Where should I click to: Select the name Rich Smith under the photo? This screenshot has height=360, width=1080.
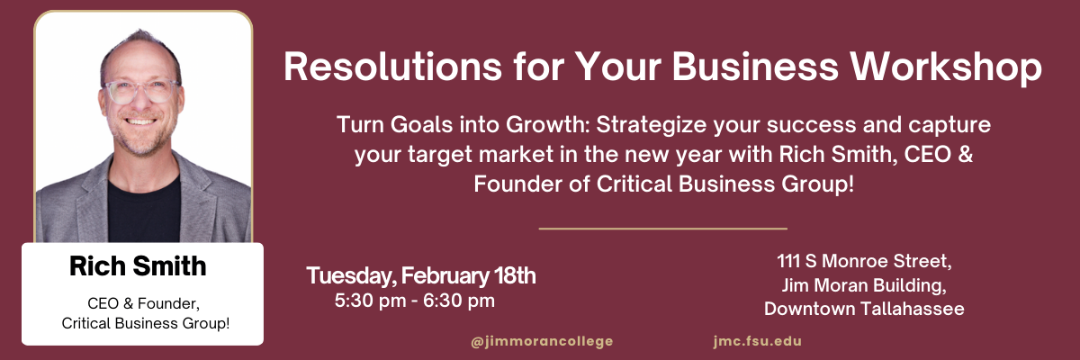pyautogui.click(x=138, y=265)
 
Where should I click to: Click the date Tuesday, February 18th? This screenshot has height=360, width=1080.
pyautogui.click(x=421, y=275)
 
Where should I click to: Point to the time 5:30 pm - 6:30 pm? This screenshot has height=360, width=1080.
pyautogui.click(x=414, y=300)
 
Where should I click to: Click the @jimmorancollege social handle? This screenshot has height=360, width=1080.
pyautogui.click(x=542, y=341)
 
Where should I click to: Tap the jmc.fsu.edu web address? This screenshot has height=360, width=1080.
pyautogui.click(x=756, y=341)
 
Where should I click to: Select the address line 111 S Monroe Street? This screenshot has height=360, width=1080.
pyautogui.click(x=864, y=263)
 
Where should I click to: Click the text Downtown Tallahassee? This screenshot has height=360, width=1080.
pyautogui.click(x=864, y=309)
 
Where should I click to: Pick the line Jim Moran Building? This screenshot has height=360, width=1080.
pyautogui.click(x=864, y=286)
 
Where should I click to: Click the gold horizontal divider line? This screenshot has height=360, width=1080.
pyautogui.click(x=662, y=229)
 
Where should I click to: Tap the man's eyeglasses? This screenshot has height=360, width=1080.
pyautogui.click(x=141, y=91)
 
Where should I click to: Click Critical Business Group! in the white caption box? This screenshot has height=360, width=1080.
pyautogui.click(x=143, y=321)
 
